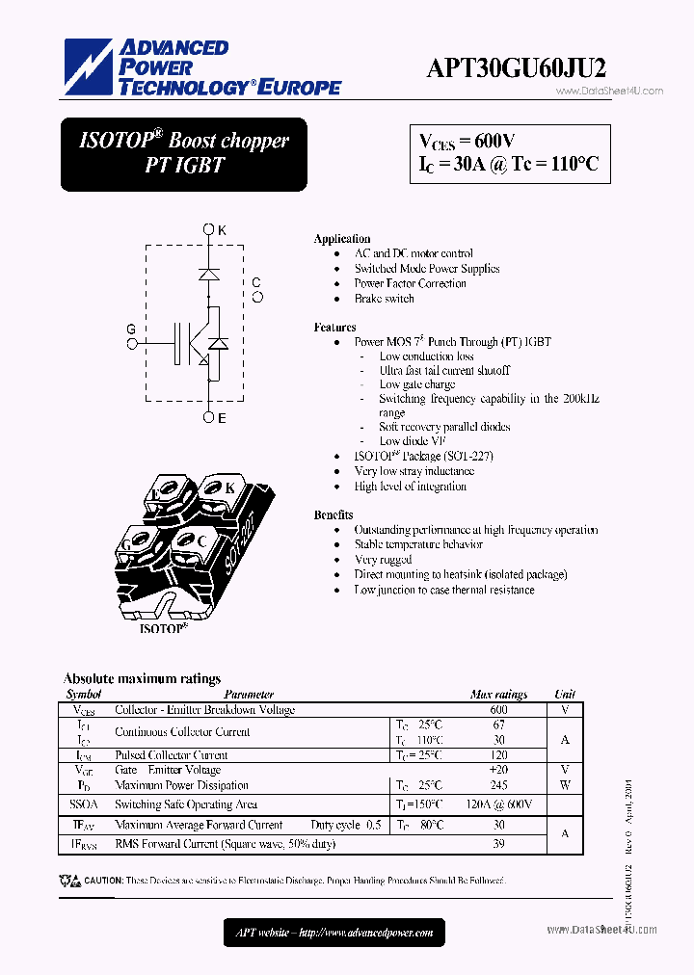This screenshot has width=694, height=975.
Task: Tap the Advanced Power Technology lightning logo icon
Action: click(89, 66)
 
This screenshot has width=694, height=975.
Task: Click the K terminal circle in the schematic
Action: click(209, 229)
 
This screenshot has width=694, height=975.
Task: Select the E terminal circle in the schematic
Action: click(209, 417)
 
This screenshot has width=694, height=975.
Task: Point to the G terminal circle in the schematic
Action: click(132, 341)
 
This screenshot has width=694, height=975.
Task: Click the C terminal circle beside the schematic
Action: click(257, 297)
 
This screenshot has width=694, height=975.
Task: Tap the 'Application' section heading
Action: click(342, 238)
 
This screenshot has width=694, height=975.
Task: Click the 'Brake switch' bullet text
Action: click(384, 299)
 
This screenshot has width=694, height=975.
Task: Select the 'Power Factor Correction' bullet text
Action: click(410, 283)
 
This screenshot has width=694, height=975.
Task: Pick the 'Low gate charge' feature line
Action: click(416, 384)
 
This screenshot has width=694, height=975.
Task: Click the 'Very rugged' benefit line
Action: click(383, 560)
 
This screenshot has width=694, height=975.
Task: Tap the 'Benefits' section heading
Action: click(333, 514)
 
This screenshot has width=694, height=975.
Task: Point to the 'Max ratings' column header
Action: click(498, 694)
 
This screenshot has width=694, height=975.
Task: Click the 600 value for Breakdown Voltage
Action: click(498, 710)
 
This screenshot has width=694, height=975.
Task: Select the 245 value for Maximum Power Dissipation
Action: click(498, 785)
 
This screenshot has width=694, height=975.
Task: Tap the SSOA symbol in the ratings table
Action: click(83, 804)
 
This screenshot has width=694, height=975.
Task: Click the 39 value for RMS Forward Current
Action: click(498, 844)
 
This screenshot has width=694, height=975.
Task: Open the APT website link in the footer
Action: click(334, 932)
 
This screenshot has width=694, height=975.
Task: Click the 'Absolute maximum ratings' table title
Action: click(142, 678)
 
